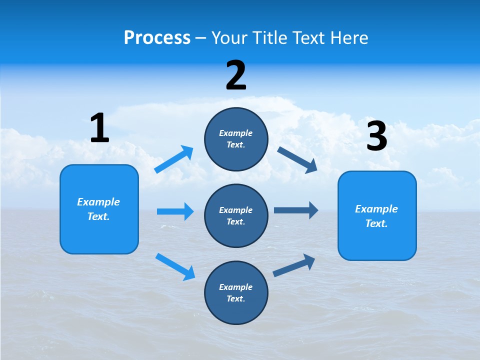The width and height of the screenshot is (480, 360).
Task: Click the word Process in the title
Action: click(x=157, y=38)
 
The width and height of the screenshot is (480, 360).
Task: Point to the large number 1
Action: click(x=99, y=128)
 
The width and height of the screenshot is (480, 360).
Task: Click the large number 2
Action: click(x=236, y=75)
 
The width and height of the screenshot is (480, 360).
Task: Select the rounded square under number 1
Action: click(x=99, y=209)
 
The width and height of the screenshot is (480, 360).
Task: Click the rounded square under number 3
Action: click(x=377, y=216)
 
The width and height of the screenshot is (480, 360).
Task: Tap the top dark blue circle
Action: click(x=236, y=139)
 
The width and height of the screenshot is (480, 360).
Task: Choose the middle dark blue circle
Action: click(x=236, y=216)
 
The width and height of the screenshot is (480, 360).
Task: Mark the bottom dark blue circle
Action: click(x=236, y=293)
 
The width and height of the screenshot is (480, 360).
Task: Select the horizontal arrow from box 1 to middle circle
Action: click(x=175, y=211)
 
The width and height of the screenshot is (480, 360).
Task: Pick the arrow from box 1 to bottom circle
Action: click(x=175, y=266)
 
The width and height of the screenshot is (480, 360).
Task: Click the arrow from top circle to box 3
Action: click(x=297, y=159)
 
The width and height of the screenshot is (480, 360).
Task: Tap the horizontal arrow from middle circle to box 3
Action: click(x=296, y=210)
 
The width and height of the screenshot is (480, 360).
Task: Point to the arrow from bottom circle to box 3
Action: click(x=294, y=265)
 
